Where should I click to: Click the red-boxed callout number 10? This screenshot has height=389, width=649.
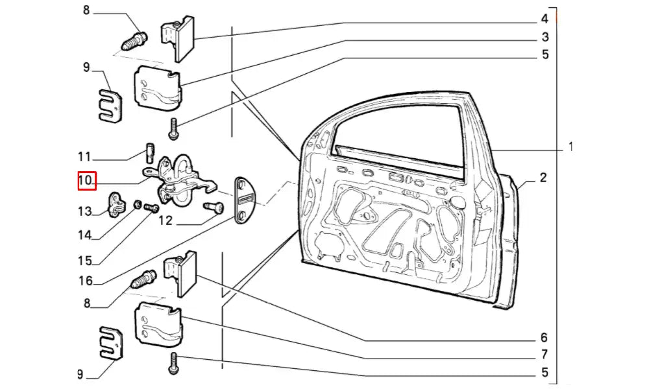tap(86, 180)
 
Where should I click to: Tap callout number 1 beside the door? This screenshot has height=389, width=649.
tap(570, 147)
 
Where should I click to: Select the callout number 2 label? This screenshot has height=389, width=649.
tap(543, 178)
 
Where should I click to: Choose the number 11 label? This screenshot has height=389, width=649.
tap(85, 156)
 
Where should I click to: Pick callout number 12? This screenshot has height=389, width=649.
tap(165, 221)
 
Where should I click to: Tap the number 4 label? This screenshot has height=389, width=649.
tap(545, 18)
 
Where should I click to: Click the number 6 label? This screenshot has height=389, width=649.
tap(543, 338)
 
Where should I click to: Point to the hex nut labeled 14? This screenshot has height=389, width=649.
tap(138, 206)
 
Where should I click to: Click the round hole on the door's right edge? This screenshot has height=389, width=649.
tap(459, 202)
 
